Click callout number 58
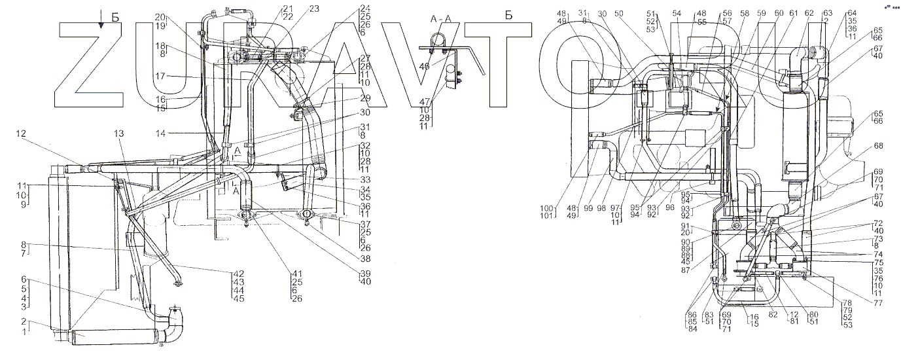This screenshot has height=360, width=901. [x=744, y=13]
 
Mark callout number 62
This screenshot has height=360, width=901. [x=809, y=13]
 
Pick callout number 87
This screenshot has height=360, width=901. [x=704, y=268]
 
